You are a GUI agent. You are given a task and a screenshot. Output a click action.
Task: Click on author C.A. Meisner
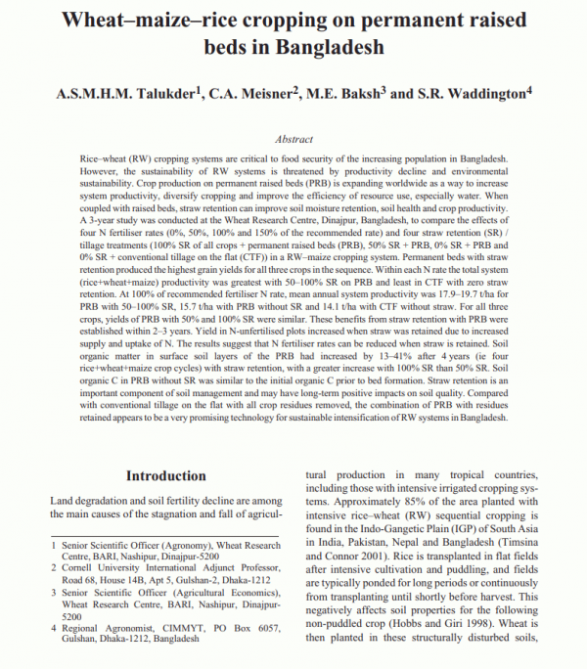click(253, 94)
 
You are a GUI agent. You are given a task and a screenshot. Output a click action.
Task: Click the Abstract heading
click(294, 141)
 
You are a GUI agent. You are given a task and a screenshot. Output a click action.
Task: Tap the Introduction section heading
click(164, 476)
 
